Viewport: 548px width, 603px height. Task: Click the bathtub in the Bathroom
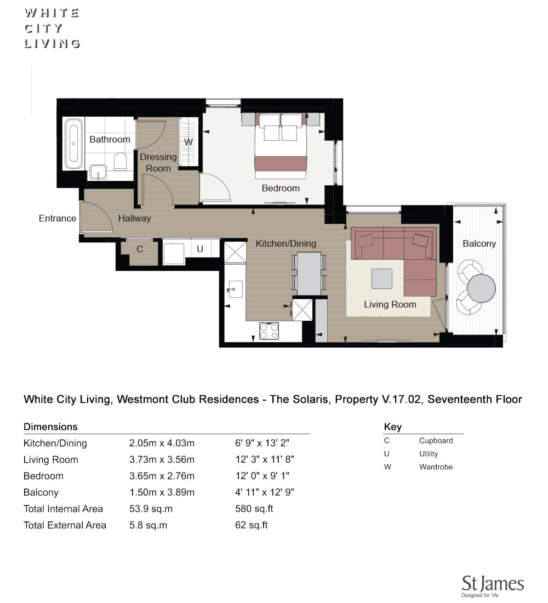73,144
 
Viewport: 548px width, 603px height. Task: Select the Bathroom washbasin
99,172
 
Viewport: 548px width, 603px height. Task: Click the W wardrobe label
189,142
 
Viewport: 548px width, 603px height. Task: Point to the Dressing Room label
158,163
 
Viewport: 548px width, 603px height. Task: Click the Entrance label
58,218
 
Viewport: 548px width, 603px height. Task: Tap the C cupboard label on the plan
140,249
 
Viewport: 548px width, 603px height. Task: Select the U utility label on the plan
200,249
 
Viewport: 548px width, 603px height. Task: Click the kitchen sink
235,289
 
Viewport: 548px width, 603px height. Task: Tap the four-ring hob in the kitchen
269,331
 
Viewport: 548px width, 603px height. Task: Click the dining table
309,274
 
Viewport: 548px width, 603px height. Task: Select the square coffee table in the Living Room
382,278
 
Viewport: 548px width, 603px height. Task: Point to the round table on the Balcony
481,288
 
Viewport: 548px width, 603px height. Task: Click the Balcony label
479,243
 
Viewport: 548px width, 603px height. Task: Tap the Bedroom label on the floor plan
281,188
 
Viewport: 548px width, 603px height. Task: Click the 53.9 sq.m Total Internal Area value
151,509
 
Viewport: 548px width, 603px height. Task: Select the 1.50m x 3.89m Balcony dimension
162,492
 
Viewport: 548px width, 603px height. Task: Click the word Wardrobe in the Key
436,467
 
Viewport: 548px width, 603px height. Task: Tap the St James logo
493,586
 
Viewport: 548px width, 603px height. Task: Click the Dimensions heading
50,426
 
